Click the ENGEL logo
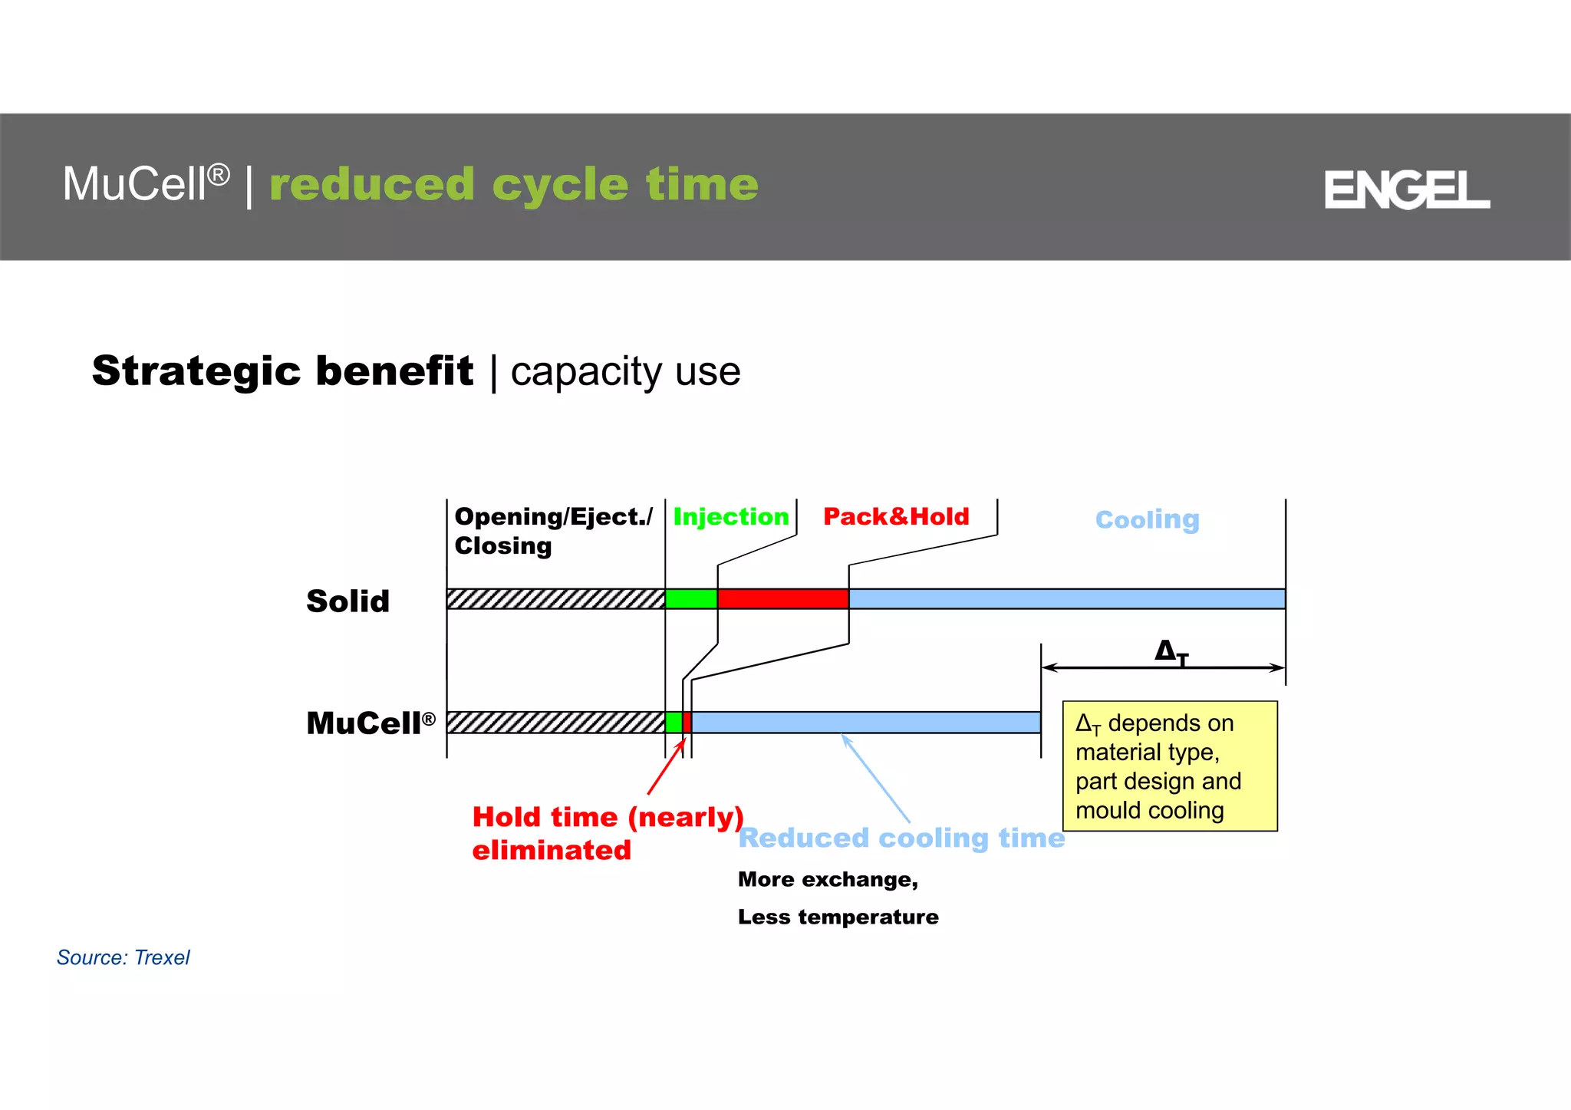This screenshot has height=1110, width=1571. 1406,189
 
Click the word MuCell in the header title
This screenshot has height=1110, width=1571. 135,185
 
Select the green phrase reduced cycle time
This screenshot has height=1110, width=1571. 513,185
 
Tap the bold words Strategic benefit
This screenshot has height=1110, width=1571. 282,371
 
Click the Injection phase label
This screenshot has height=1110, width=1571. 730,517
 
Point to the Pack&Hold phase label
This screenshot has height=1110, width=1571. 895,517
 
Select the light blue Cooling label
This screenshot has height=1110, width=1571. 1147,520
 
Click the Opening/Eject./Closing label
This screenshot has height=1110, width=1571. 552,531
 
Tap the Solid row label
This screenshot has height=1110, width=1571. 347,601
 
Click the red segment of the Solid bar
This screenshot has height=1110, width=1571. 782,599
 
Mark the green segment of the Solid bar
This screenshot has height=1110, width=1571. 691,599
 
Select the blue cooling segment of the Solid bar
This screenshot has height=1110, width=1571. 1066,599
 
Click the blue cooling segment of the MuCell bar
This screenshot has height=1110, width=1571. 865,723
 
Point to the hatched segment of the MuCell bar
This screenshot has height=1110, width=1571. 555,723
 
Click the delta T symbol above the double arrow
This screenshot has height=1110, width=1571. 1171,652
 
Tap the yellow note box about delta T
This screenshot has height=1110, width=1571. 1169,766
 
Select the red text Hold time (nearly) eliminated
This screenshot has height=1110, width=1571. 606,833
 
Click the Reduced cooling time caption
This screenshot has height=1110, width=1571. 901,838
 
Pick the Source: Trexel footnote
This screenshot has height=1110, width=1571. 123,957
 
